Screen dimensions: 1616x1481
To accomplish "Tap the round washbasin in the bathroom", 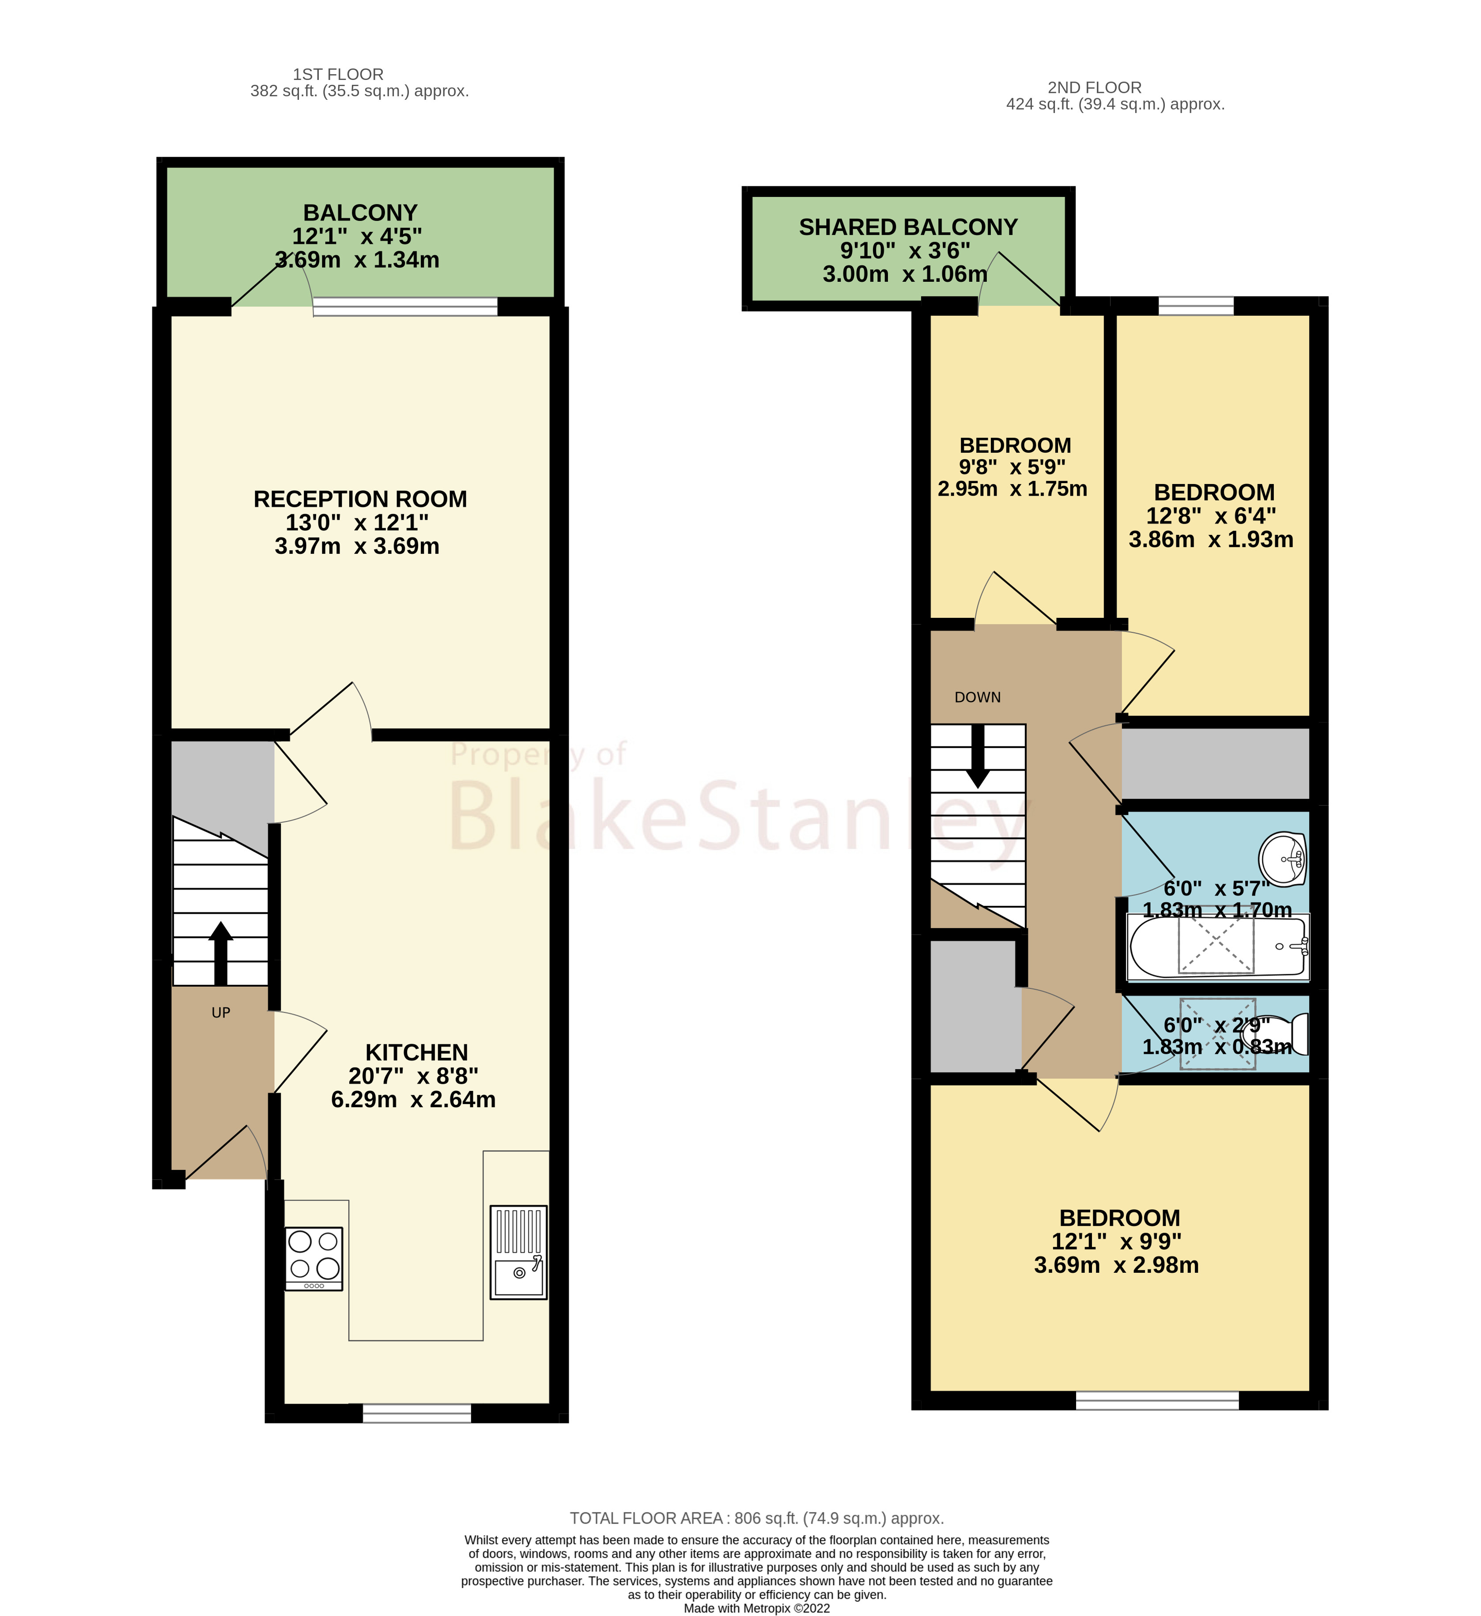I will (1283, 859).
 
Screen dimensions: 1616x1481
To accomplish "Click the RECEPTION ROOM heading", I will (360, 499).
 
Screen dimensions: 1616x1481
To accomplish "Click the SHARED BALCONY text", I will (907, 227).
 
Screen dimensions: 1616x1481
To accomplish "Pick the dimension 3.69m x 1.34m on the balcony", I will (357, 260).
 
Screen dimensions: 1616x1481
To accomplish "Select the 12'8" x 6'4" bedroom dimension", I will (1210, 515).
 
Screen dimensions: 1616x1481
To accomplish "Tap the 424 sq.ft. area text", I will (1115, 104).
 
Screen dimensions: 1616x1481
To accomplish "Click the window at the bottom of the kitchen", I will (417, 1413).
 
